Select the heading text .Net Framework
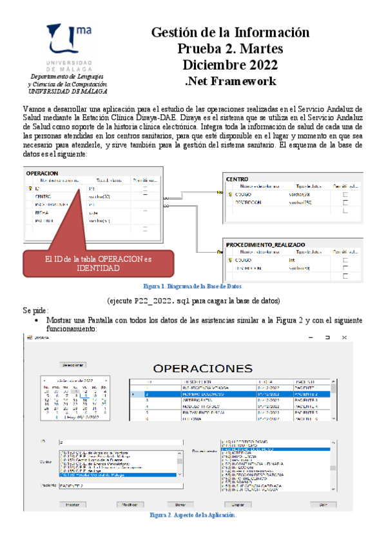[x=230, y=81]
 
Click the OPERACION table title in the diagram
[x=43, y=173]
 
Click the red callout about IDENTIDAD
[x=98, y=263]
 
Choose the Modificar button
[x=129, y=504]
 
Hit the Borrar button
[x=180, y=504]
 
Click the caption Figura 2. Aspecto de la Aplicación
[x=193, y=515]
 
